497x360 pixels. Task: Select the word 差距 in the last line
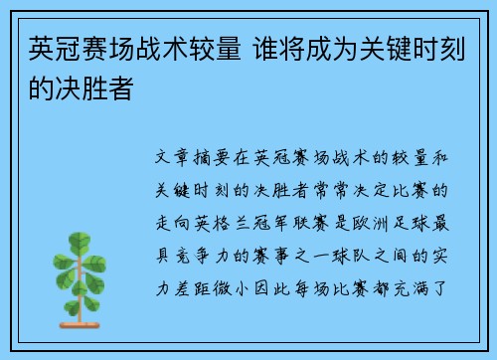pyautogui.click(x=192, y=289)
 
